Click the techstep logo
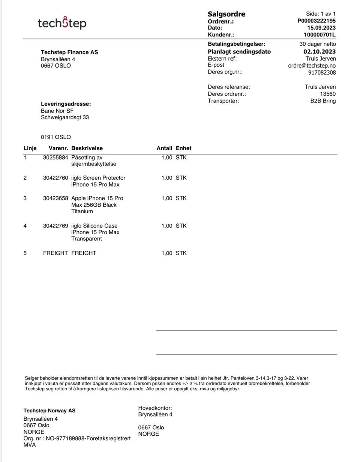tap(62, 23)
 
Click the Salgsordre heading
tap(226, 14)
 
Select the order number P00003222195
tap(316, 21)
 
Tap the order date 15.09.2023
tap(321, 28)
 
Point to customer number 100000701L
tap(319, 35)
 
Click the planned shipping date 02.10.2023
tap(319, 52)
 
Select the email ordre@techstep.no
tap(312, 66)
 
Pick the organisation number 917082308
tap(322, 72)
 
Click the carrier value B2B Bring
tap(323, 101)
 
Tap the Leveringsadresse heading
tap(66, 104)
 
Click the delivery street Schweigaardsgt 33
tap(65, 117)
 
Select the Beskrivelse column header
tap(87, 148)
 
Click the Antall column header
tap(164, 148)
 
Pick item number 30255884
tap(55, 158)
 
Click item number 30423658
tap(55, 198)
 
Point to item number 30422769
tap(55, 226)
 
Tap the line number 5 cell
tap(25, 253)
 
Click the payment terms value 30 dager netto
tap(317, 44)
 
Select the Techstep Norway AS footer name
tap(49, 411)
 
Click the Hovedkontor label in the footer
tap(155, 408)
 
